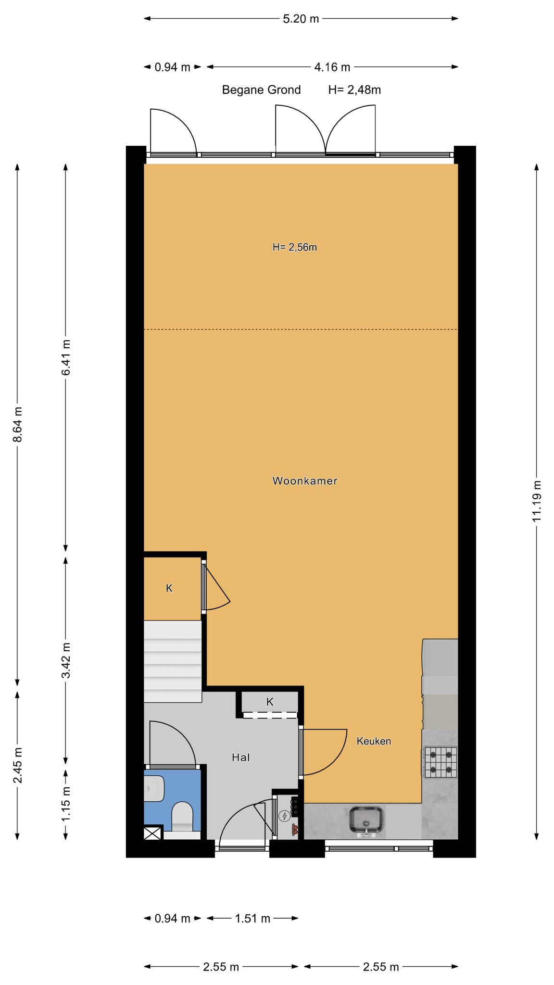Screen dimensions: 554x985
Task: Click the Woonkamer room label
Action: tap(305, 480)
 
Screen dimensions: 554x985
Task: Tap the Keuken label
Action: tap(374, 741)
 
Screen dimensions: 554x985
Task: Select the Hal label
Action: tap(241, 758)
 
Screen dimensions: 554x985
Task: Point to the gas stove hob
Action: tap(441, 762)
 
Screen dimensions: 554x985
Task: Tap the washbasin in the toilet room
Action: tap(154, 788)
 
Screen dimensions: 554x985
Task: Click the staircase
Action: tap(173, 661)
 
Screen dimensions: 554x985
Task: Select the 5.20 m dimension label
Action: tap(301, 19)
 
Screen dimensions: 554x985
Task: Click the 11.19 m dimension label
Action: tap(537, 501)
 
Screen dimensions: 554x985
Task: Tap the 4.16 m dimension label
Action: tap(332, 67)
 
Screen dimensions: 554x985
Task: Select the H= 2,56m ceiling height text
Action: tap(295, 247)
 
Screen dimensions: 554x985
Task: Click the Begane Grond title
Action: tap(261, 90)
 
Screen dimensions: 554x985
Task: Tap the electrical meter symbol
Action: tap(285, 816)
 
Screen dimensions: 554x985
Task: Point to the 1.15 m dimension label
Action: tap(66, 804)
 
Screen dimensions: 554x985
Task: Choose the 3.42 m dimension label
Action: tap(66, 660)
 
